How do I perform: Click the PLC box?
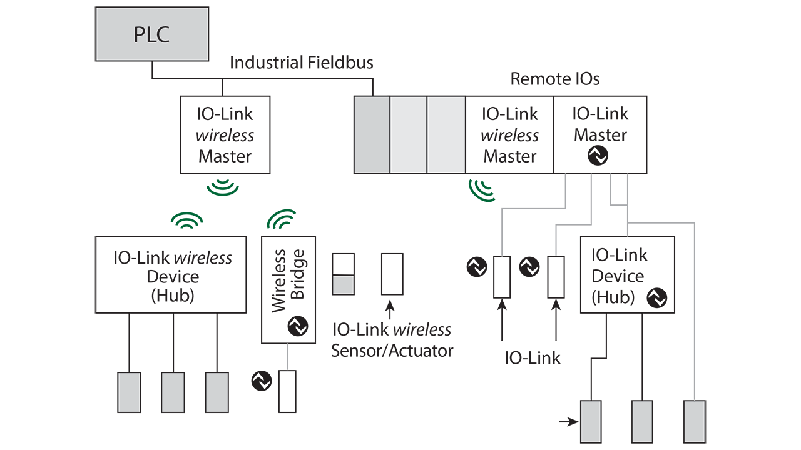coord(151,34)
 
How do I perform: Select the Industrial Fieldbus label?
coord(301,62)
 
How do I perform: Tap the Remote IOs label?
coord(554,79)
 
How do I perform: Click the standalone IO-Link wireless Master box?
coord(225,134)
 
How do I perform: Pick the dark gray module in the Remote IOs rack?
coord(372,134)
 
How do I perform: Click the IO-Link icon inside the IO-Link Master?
coord(599,156)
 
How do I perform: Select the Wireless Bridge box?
coord(288,289)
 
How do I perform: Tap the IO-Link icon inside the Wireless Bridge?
coord(297,326)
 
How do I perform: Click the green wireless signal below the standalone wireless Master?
coord(224,187)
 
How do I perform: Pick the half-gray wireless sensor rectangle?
coord(343,274)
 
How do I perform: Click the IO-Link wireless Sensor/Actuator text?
coord(392,340)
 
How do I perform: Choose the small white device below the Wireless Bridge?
coord(287,391)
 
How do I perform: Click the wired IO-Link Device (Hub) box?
coord(627,274)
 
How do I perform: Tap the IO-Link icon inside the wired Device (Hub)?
coord(656,298)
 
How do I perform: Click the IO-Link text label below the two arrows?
coord(533,358)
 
